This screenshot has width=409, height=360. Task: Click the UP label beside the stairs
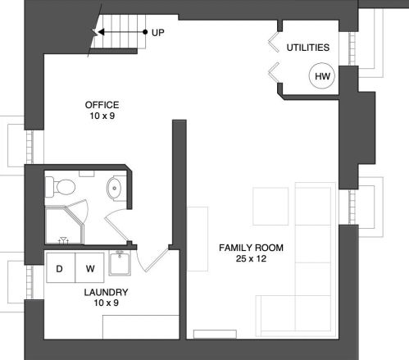158,33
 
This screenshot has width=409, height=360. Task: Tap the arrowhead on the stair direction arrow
101,32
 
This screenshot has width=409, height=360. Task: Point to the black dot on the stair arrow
145,32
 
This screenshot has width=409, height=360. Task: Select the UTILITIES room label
308,48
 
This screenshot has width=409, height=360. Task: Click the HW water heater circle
322,75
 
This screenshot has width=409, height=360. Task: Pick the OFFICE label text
102,105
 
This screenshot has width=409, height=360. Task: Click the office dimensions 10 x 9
102,116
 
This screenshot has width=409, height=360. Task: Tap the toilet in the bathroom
60,187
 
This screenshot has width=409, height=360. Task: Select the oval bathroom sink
114,189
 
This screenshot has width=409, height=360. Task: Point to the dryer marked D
61,268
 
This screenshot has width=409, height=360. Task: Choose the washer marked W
89,268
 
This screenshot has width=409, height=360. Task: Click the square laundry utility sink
120,263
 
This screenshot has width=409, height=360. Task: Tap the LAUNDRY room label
106,293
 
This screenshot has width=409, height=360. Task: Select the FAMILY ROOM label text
251,248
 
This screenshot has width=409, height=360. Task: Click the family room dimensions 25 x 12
251,258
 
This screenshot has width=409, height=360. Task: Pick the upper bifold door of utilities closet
274,43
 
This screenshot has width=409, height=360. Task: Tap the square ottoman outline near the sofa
270,206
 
